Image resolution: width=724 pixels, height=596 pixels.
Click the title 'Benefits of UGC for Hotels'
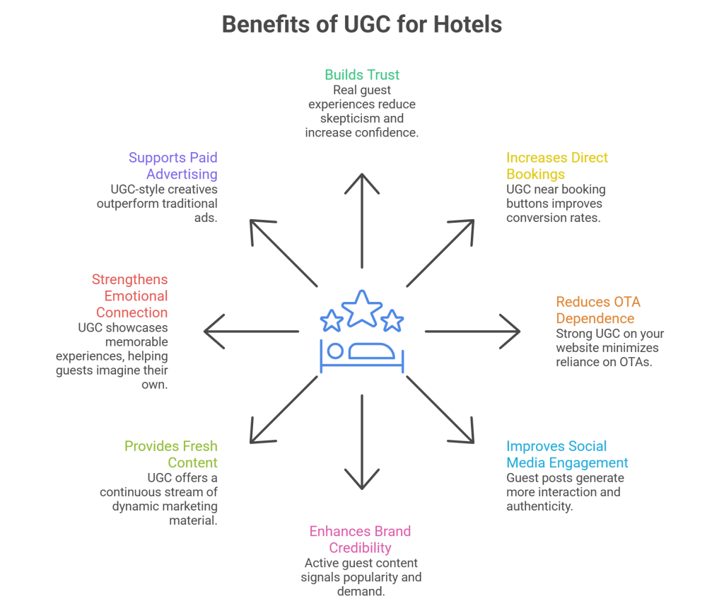click(x=362, y=24)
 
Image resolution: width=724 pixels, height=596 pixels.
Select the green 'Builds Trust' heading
click(x=362, y=74)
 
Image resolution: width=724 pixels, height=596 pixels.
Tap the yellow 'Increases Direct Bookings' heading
click(x=556, y=165)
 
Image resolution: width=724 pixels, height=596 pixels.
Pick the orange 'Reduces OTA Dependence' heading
click(x=597, y=310)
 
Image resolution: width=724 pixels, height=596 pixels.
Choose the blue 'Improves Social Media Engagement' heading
click(x=566, y=455)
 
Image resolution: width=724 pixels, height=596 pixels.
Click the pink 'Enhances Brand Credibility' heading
click(x=360, y=539)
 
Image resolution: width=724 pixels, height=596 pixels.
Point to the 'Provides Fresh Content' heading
click(x=172, y=455)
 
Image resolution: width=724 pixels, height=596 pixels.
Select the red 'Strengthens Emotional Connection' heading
click(x=131, y=296)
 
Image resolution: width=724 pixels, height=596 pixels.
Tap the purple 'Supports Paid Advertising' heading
click(x=173, y=165)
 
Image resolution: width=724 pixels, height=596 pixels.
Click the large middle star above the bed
click(x=362, y=308)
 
